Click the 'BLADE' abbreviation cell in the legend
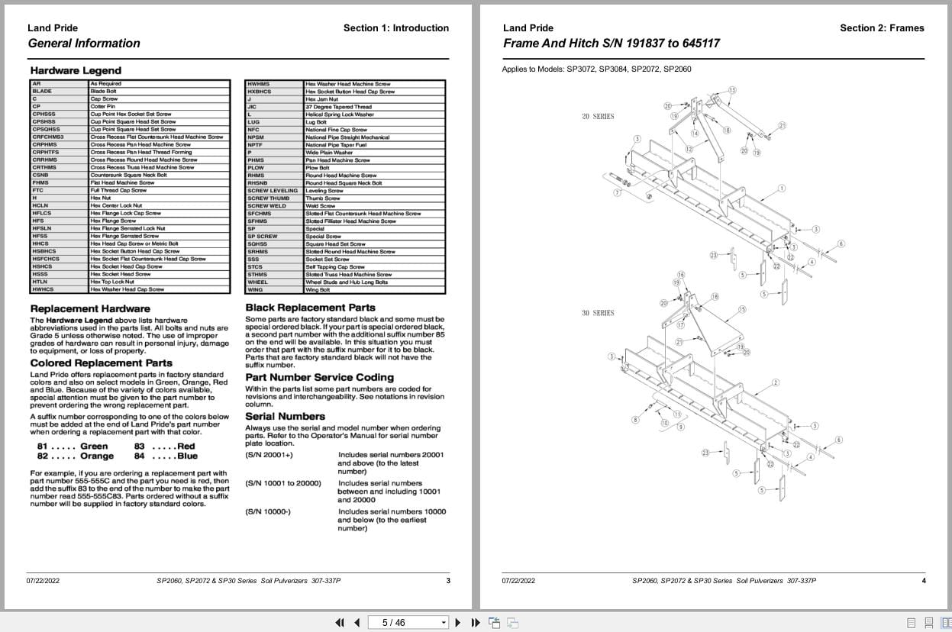pos(42,92)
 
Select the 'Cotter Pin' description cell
pos(103,107)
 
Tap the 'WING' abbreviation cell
pos(255,290)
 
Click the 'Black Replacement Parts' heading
pos(310,308)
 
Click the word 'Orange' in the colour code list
pos(97,456)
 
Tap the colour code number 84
pos(139,456)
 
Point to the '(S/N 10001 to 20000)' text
pos(283,483)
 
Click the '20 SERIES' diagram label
pos(598,117)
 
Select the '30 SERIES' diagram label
pos(598,313)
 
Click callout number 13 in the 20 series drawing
pos(732,90)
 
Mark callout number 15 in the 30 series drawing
pos(742,309)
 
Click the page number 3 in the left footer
pos(448,581)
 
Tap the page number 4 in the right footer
pos(924,581)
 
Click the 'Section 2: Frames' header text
pos(882,28)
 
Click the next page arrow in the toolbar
pos(458,623)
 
